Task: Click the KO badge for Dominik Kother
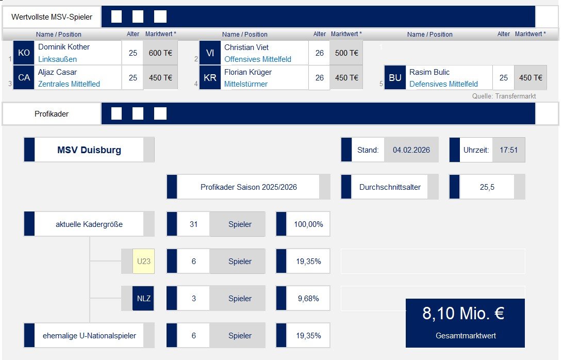(x=24, y=53)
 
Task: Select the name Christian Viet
(x=246, y=47)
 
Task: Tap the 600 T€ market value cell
(x=160, y=53)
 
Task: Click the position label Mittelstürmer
(x=246, y=84)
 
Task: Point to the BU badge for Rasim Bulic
(x=395, y=78)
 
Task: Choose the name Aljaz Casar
(x=57, y=72)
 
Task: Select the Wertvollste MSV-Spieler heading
(x=52, y=17)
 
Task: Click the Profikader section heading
(x=52, y=113)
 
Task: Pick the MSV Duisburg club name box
(x=89, y=150)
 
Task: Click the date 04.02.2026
(x=411, y=150)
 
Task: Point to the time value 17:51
(x=508, y=150)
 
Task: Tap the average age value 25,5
(x=487, y=187)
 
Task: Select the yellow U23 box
(x=143, y=261)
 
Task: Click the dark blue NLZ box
(x=143, y=299)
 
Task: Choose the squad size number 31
(x=194, y=224)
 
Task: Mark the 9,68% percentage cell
(x=308, y=299)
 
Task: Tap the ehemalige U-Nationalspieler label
(x=89, y=336)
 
